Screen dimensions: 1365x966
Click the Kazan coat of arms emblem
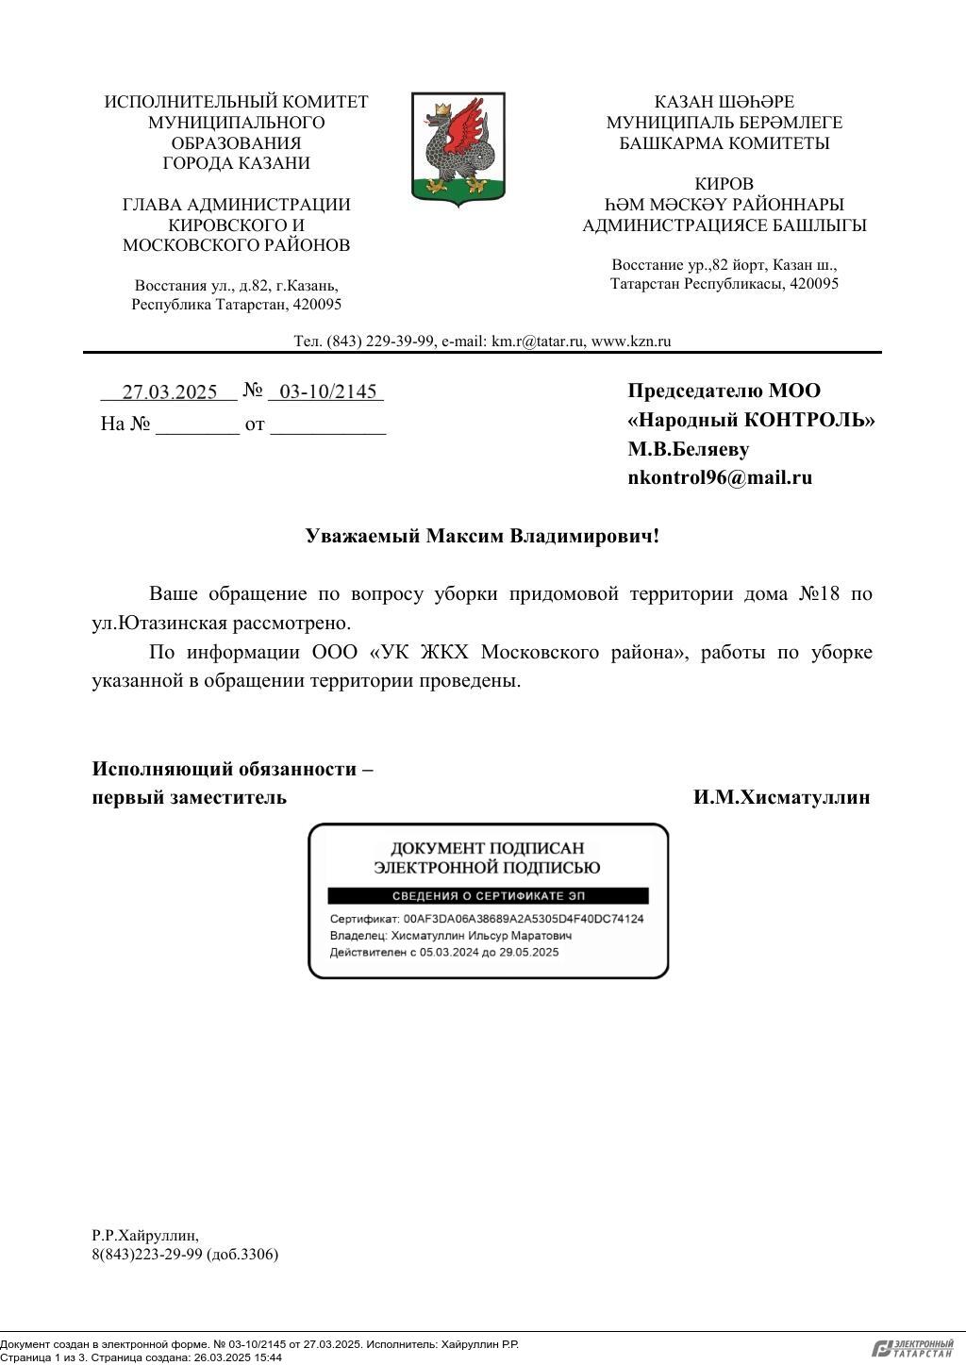click(x=458, y=148)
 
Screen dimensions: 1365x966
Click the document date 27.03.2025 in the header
click(x=170, y=392)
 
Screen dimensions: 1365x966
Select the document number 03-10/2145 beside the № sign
click(x=327, y=392)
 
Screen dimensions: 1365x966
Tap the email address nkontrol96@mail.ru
click(x=720, y=477)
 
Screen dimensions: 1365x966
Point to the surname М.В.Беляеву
click(x=689, y=449)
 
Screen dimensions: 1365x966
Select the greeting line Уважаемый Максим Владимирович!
click(x=482, y=536)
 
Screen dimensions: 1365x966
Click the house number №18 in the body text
click(x=819, y=594)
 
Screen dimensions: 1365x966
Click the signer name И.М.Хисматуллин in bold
click(x=781, y=797)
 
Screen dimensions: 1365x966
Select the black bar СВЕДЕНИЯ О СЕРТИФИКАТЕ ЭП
click(x=488, y=896)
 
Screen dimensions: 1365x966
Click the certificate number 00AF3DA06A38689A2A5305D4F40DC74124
click(x=524, y=919)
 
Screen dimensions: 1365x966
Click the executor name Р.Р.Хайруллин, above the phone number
click(x=145, y=1235)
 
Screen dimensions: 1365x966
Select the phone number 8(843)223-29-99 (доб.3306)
click(x=185, y=1255)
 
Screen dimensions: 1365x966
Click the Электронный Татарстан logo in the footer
click(x=912, y=1349)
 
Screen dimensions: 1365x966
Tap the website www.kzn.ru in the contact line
click(x=630, y=341)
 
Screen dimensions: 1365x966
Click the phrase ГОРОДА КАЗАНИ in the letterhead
click(x=236, y=163)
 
